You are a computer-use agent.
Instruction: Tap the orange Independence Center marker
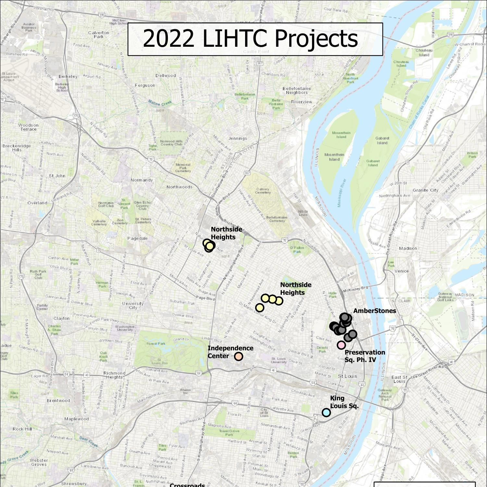(239, 356)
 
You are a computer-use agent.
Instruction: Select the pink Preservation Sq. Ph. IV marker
(341, 345)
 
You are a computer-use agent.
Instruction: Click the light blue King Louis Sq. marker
(326, 412)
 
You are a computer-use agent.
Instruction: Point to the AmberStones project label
(374, 311)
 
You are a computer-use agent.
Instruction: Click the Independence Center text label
(230, 352)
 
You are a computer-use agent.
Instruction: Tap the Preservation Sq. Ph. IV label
(365, 356)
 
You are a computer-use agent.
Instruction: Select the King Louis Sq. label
(344, 402)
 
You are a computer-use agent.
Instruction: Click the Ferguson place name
(145, 85)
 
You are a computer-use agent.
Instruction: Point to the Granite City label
(425, 190)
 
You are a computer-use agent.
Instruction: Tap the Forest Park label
(156, 343)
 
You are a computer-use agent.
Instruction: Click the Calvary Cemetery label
(263, 191)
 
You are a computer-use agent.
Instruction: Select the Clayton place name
(61, 318)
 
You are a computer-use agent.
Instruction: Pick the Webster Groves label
(39, 462)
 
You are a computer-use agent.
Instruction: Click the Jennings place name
(238, 138)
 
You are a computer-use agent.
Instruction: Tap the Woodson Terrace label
(28, 127)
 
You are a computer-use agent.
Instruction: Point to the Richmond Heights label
(114, 375)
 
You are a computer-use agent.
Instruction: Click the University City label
(133, 306)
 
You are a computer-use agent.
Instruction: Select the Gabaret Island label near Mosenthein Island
(382, 140)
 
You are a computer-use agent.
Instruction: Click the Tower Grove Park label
(229, 432)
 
